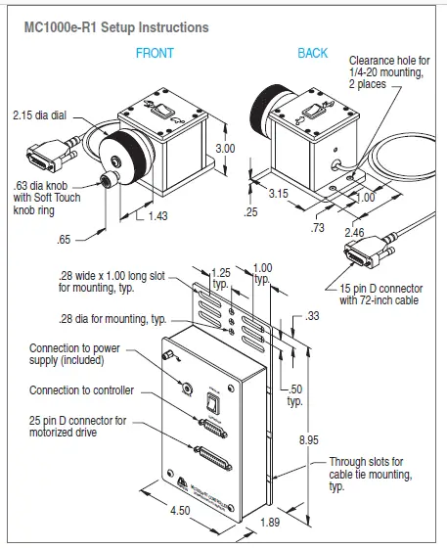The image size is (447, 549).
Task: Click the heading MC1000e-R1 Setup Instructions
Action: click(x=115, y=27)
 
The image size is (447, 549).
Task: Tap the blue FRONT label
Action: click(x=156, y=53)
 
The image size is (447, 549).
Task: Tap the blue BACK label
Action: click(x=313, y=53)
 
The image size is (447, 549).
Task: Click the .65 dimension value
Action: click(x=66, y=238)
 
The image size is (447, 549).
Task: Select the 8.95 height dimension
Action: click(x=309, y=440)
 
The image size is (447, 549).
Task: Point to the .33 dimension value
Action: click(x=312, y=316)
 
